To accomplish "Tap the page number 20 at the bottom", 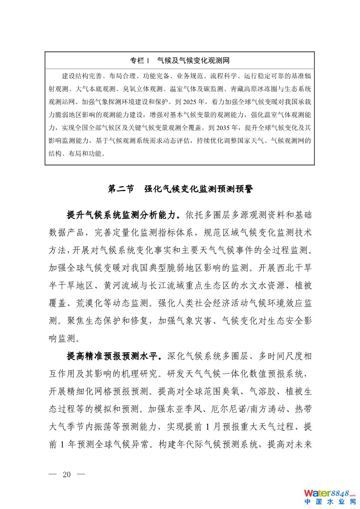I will click(x=67, y=474).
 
